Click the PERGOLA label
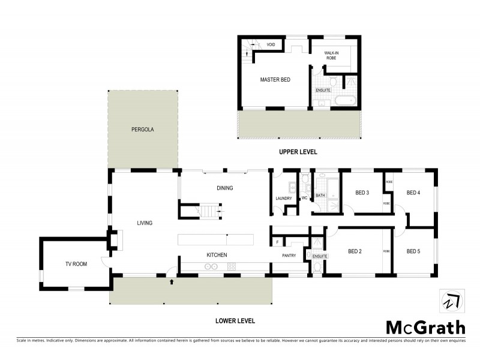click(x=143, y=129)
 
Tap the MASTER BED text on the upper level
click(x=275, y=79)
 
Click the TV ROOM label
click(x=76, y=264)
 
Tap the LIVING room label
click(x=145, y=223)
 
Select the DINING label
click(x=224, y=188)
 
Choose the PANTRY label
click(x=290, y=256)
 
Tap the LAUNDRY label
click(x=283, y=199)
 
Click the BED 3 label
click(x=362, y=193)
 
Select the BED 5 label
click(x=413, y=251)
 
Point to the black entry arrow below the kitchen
click(x=173, y=280)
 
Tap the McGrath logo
click(x=425, y=327)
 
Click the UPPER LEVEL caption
click(x=298, y=152)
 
